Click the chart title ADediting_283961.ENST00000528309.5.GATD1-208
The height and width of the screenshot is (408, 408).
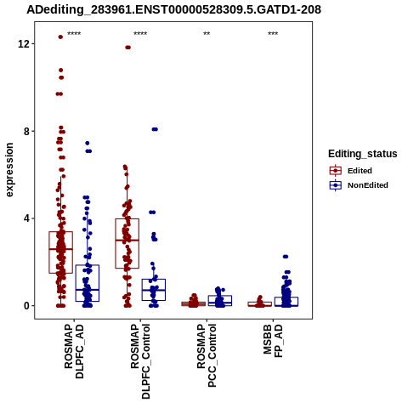point(173,10)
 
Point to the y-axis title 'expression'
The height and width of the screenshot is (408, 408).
point(9,170)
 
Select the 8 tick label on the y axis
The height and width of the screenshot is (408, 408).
point(27,131)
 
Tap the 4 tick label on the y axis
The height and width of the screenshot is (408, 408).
point(27,218)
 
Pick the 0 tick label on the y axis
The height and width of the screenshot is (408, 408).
point(27,306)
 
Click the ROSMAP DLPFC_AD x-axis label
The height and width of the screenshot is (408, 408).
point(74,351)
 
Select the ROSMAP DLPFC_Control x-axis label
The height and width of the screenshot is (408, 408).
point(140,361)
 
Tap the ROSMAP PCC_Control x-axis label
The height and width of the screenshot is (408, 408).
point(207,355)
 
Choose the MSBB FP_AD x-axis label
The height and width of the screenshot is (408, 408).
point(273,341)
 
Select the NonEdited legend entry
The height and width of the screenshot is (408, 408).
point(359,185)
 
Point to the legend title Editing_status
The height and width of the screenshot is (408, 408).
point(363,154)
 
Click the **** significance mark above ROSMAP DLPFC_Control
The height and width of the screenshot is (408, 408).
point(140,34)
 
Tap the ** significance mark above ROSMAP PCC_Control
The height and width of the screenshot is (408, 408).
point(207,34)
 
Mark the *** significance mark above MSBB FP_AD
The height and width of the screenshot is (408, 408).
point(273,34)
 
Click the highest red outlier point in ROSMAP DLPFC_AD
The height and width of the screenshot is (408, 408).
point(60,37)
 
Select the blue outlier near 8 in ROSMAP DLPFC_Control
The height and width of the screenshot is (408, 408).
point(155,129)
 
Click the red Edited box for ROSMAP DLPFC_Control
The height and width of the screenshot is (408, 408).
point(127,243)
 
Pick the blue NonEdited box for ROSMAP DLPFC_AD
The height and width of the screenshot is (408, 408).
point(88,283)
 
